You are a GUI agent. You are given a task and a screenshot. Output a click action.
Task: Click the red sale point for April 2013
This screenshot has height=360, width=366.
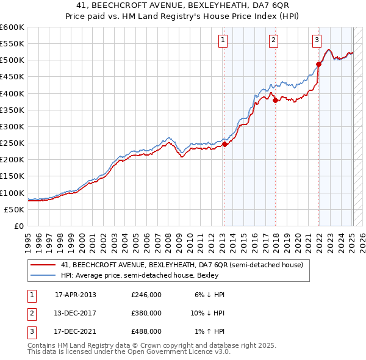tap(224, 145)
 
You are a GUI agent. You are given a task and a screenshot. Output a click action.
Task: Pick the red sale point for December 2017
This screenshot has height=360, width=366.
tap(275, 101)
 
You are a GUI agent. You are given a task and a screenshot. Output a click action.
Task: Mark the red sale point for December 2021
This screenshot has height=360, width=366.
tap(318, 64)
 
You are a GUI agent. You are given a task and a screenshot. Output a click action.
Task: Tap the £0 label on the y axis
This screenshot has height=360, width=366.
tap(18, 226)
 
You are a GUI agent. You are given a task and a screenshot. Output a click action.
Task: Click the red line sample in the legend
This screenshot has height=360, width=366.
tap(43, 265)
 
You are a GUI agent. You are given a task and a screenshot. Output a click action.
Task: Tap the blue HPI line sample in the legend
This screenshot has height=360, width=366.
tap(43, 275)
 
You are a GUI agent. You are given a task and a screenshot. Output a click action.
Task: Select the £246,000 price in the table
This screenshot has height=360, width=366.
tap(146, 294)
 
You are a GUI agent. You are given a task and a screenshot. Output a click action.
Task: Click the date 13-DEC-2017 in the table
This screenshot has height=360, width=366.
tap(76, 313)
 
